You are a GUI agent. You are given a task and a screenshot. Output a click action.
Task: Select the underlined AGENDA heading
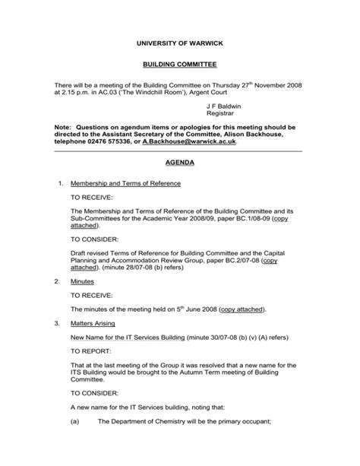180,163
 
